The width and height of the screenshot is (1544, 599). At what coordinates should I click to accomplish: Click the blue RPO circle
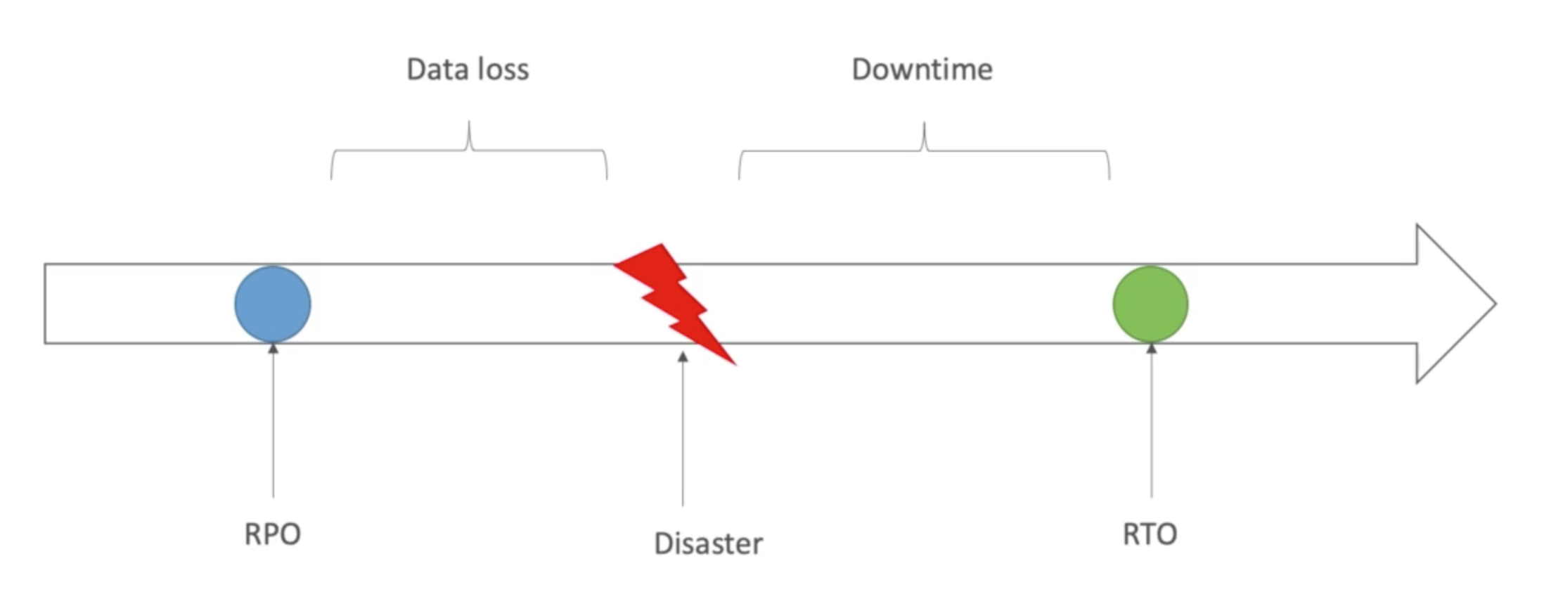click(x=273, y=304)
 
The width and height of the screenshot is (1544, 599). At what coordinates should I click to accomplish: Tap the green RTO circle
click(x=1150, y=304)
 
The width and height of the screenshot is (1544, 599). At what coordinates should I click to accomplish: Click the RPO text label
click(x=273, y=534)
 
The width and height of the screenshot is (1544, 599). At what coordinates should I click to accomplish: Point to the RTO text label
click(x=1150, y=534)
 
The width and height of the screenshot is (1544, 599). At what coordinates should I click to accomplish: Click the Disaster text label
click(x=708, y=543)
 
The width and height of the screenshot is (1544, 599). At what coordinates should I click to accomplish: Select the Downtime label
click(x=922, y=69)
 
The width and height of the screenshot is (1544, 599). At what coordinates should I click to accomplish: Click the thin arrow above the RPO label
click(x=274, y=422)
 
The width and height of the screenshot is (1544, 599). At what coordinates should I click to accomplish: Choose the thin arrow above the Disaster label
click(x=683, y=429)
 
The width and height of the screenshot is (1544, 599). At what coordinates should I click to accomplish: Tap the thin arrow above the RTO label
click(x=1152, y=422)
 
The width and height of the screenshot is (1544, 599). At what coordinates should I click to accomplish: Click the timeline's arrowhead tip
click(x=1495, y=304)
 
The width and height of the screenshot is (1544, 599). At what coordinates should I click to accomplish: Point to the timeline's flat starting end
click(x=46, y=304)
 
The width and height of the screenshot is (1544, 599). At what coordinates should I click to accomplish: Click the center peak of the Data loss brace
click(x=469, y=125)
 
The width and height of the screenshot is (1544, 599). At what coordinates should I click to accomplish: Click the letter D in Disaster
click(x=663, y=543)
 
